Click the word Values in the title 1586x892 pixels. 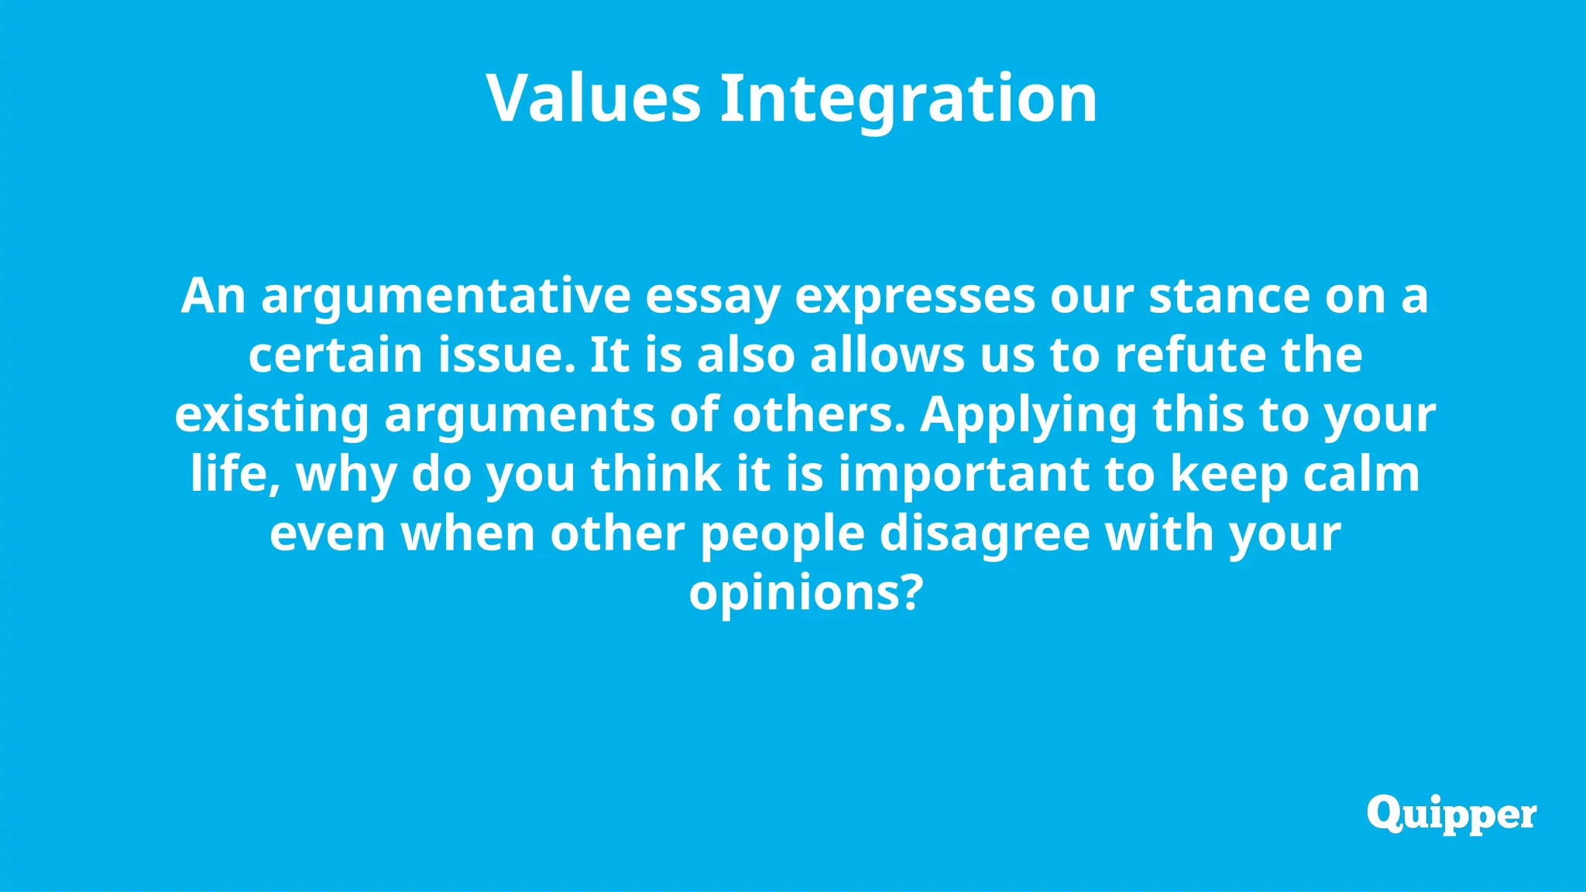[x=593, y=98]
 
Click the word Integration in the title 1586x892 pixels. [x=908, y=98]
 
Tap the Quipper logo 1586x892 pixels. [x=1451, y=815]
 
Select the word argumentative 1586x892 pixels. [x=446, y=297]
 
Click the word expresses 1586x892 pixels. [x=915, y=297]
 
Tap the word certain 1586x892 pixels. [x=335, y=355]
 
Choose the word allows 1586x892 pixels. [x=887, y=355]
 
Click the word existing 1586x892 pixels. [x=272, y=415]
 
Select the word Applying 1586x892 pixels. [x=1028, y=415]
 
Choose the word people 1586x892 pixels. [x=782, y=533]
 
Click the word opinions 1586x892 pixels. [x=805, y=592]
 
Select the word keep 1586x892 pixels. [x=1229, y=474]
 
